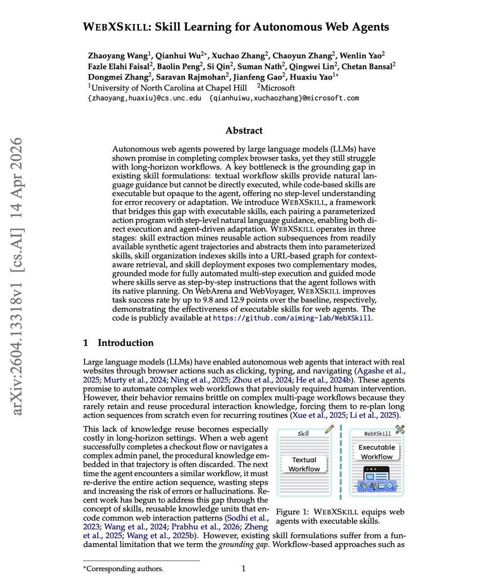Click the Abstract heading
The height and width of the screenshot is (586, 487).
(x=243, y=131)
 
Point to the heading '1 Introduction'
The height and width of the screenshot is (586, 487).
(x=118, y=343)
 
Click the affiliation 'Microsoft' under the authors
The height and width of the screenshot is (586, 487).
(x=279, y=88)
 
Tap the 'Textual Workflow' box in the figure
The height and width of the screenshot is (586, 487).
(x=304, y=464)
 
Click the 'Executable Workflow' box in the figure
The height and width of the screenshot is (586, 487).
(x=376, y=452)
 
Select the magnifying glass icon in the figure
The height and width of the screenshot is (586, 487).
(x=390, y=486)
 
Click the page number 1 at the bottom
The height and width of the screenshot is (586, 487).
(x=243, y=568)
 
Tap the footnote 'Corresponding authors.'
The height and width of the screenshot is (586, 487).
(x=125, y=569)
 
